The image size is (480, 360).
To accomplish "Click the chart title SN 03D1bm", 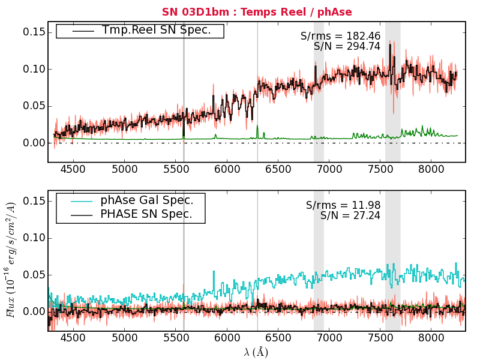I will coord(257,12).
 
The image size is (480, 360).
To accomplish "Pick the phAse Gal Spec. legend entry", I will coord(146,200).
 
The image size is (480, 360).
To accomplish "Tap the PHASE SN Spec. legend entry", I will coord(146,214).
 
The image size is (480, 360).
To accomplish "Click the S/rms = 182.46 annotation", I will coord(340,36).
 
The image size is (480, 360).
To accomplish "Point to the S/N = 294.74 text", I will coord(347,46).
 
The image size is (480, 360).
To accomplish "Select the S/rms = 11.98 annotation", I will coord(343,205).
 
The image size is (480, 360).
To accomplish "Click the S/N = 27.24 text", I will coord(350,215).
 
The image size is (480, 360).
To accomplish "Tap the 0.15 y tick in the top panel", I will coord(34,32).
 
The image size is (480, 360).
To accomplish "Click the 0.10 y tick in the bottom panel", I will coord(34,238).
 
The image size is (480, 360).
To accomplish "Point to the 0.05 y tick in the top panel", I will coord(34,106).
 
